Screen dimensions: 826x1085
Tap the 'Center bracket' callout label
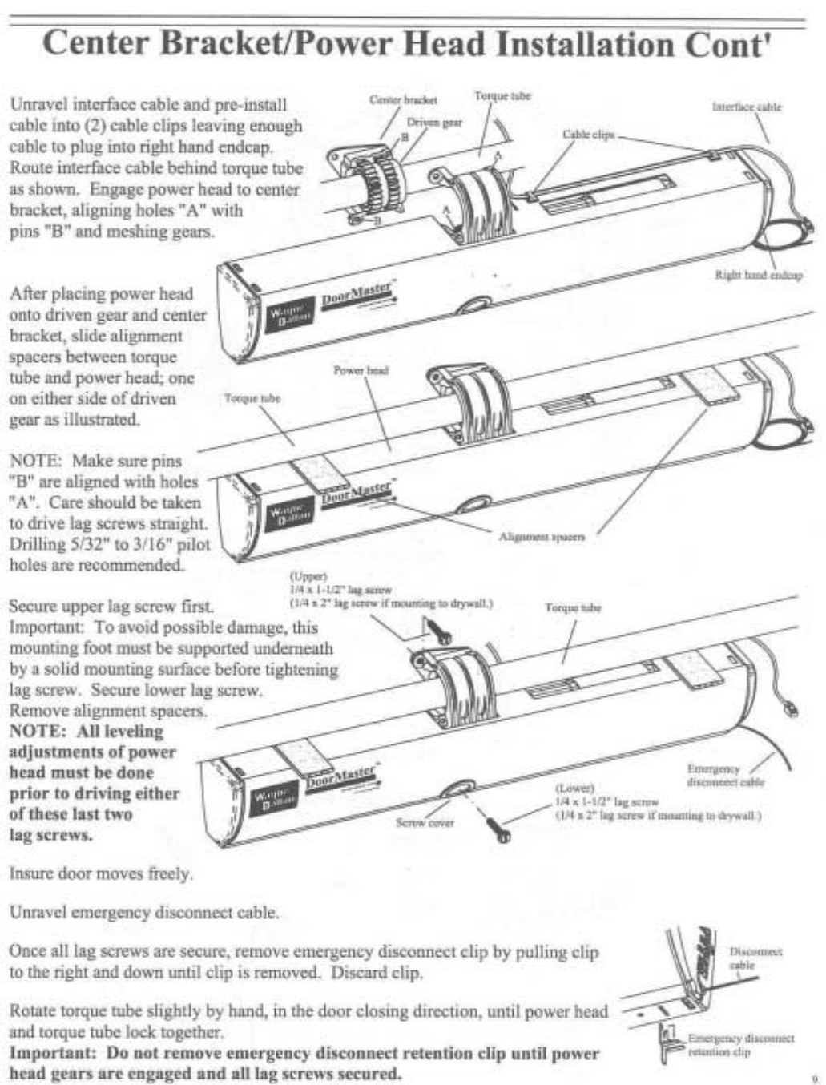[403, 99]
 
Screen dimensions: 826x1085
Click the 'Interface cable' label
[747, 107]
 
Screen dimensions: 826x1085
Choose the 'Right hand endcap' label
[758, 275]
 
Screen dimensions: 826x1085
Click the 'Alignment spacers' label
[542, 536]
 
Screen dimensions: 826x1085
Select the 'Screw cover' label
[425, 822]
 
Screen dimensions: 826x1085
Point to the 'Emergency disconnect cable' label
[725, 776]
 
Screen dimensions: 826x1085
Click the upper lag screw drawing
[437, 631]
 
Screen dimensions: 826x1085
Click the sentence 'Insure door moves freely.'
[101, 873]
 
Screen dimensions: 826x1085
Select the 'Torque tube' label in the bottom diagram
[573, 607]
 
